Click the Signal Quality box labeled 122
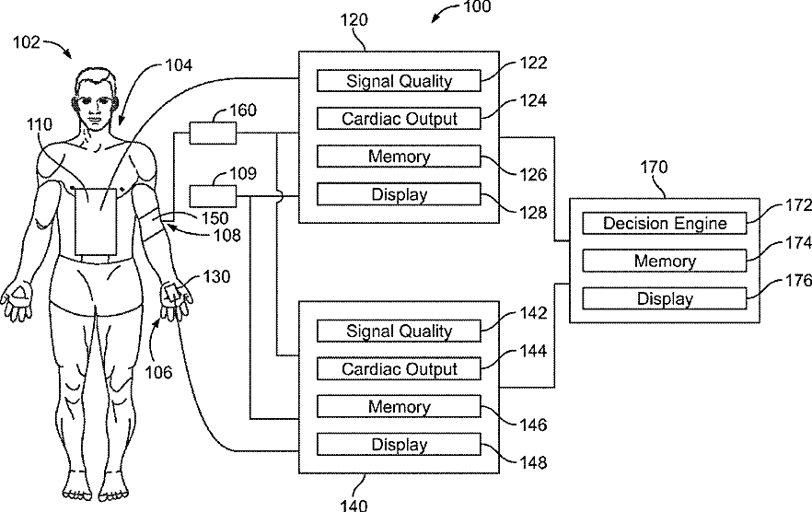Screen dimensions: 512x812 [399, 81]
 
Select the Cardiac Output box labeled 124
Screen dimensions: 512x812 [399, 119]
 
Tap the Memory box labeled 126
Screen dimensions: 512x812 [399, 157]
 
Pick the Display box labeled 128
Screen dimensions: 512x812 [399, 194]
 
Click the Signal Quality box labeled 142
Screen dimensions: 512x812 [399, 331]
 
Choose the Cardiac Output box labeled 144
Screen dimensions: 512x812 [399, 368]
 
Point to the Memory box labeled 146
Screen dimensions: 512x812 [399, 407]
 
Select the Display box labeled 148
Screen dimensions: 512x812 [399, 445]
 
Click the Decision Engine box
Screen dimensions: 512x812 [664, 223]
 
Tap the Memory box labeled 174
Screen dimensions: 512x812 [664, 261]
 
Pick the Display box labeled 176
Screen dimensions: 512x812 [664, 298]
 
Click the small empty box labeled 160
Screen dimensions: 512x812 [213, 134]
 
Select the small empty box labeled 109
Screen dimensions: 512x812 [213, 195]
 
